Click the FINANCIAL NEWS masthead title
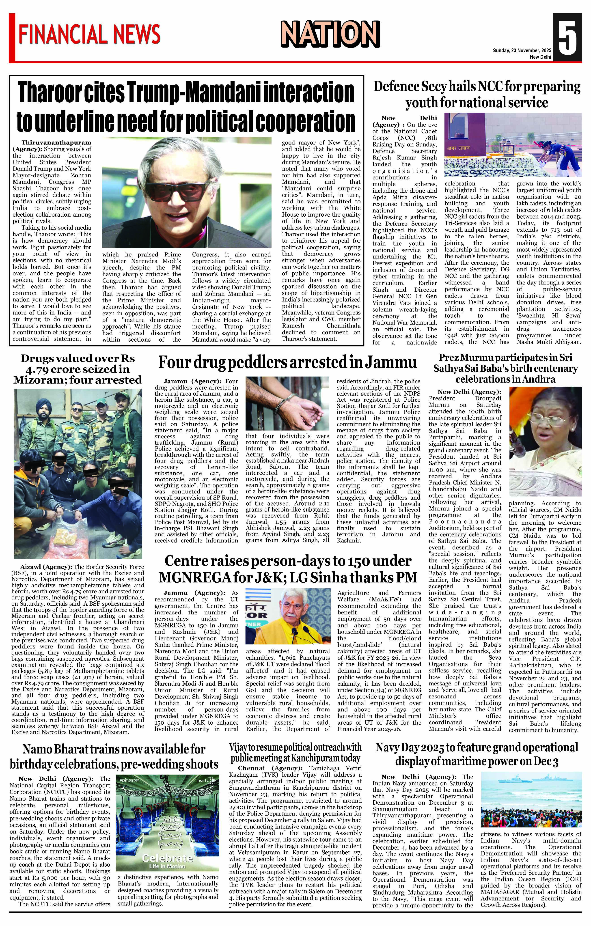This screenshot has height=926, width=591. click(x=89, y=35)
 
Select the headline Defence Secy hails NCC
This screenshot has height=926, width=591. click(x=477, y=95)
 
